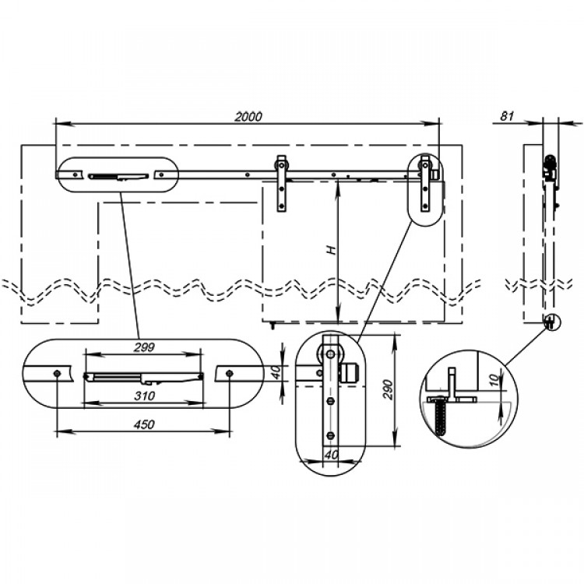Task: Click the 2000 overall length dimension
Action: click(248, 117)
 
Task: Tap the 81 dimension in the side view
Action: click(507, 116)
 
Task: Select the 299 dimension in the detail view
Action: click(144, 347)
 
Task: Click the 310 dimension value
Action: click(144, 396)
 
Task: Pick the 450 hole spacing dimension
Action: click(144, 424)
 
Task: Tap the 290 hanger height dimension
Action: click(388, 389)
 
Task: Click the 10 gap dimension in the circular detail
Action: click(494, 380)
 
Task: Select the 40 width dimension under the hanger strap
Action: click(331, 455)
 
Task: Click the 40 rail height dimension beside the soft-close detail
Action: click(276, 372)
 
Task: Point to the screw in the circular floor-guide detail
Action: click(440, 415)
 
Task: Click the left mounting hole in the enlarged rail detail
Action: click(57, 373)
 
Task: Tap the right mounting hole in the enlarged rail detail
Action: click(229, 373)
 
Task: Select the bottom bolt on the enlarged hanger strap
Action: click(331, 434)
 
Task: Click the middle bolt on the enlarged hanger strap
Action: click(331, 401)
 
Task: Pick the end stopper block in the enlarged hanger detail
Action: click(350, 372)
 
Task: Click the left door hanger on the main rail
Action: click(281, 183)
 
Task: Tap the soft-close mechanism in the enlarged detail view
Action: click(144, 377)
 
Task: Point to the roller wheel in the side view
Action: click(551, 162)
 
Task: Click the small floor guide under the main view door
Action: click(273, 325)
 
